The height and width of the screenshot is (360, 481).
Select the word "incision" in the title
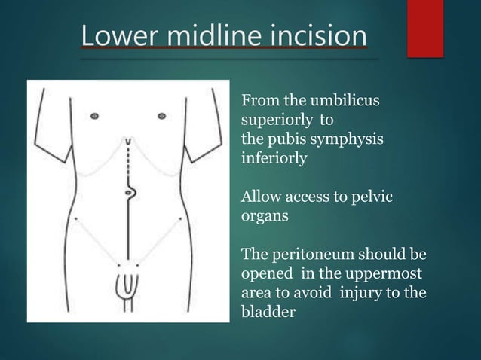(317, 37)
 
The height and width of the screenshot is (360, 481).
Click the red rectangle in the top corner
(424, 28)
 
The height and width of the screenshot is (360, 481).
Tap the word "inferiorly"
(273, 159)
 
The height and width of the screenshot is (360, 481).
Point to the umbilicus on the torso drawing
(129, 193)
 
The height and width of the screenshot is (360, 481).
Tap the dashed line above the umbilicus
(129, 160)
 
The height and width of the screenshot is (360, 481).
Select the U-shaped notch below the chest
(129, 141)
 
